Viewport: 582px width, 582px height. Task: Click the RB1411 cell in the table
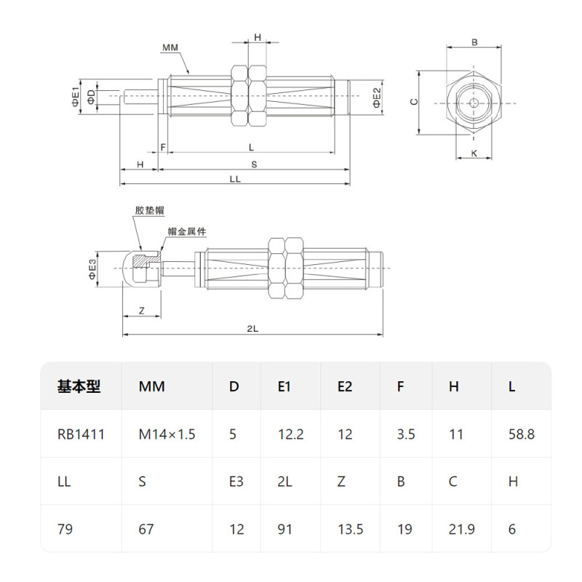[81, 434]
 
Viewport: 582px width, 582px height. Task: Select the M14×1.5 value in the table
[167, 434]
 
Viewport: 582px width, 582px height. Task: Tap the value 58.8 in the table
[521, 434]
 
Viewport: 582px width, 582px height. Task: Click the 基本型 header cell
[79, 386]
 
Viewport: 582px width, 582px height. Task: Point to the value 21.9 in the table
[462, 529]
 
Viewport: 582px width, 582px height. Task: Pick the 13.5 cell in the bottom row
[351, 529]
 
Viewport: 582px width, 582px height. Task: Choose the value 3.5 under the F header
[406, 434]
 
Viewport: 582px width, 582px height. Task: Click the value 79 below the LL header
[65, 529]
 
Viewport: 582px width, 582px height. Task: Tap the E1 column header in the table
[284, 386]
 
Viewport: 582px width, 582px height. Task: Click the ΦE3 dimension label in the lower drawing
[92, 268]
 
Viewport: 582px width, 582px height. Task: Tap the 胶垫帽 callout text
[149, 210]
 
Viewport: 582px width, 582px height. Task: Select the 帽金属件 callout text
[187, 231]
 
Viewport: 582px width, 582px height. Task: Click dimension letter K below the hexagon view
[474, 153]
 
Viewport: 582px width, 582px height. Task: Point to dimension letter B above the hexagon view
[474, 43]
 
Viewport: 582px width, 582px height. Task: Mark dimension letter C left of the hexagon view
[412, 103]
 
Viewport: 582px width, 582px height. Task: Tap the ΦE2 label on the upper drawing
[377, 96]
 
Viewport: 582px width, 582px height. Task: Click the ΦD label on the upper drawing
[91, 97]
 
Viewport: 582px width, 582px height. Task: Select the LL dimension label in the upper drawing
[234, 179]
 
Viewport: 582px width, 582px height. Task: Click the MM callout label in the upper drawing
[170, 47]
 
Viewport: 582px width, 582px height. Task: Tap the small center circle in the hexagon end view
[474, 103]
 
